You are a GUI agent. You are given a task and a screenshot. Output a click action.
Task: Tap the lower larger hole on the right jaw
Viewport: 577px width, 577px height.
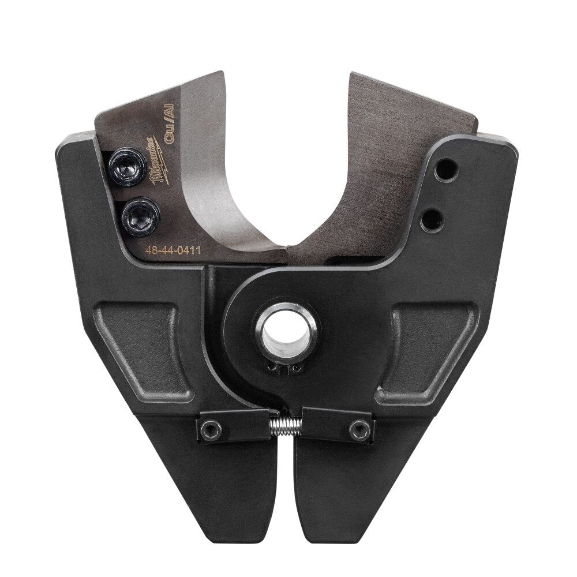click(x=433, y=218)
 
